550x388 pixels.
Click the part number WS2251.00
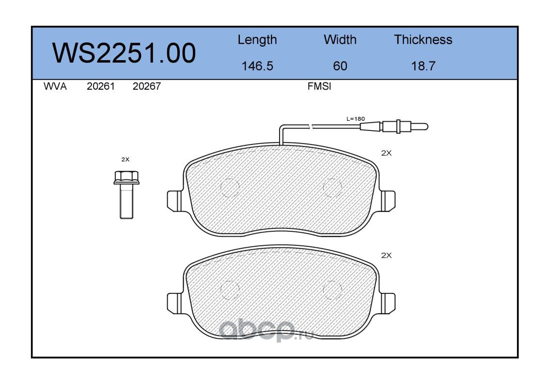pos(124,53)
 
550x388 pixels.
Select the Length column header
pos(257,40)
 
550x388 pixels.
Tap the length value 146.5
pos(257,66)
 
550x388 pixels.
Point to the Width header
pos(340,39)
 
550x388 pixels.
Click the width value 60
pos(340,66)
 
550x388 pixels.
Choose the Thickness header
pos(423,39)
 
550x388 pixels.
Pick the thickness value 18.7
pos(423,66)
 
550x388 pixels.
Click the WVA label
pos(55,86)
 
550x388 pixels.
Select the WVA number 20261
pos(101,86)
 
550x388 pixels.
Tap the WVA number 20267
pos(147,86)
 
